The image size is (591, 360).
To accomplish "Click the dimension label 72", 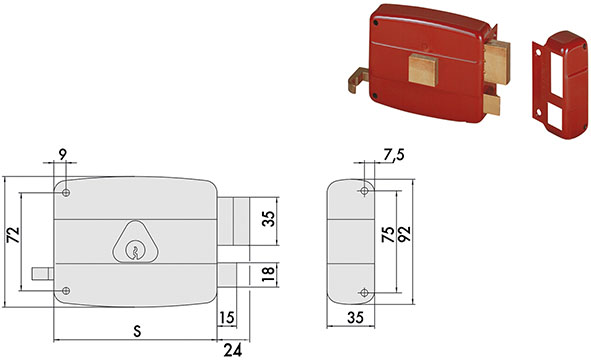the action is pyautogui.click(x=14, y=235).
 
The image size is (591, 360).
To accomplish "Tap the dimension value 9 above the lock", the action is pyautogui.click(x=63, y=153).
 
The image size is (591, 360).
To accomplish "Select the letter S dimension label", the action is pyautogui.click(x=138, y=331).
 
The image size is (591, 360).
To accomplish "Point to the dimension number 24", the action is pyautogui.click(x=233, y=351).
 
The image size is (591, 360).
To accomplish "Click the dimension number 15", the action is pyautogui.click(x=227, y=318).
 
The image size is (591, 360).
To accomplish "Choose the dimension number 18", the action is pyautogui.click(x=268, y=274).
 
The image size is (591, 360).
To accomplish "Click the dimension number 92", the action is pyautogui.click(x=405, y=234).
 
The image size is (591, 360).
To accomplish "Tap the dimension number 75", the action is pyautogui.click(x=388, y=234).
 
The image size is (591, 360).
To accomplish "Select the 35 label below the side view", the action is pyautogui.click(x=355, y=318).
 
